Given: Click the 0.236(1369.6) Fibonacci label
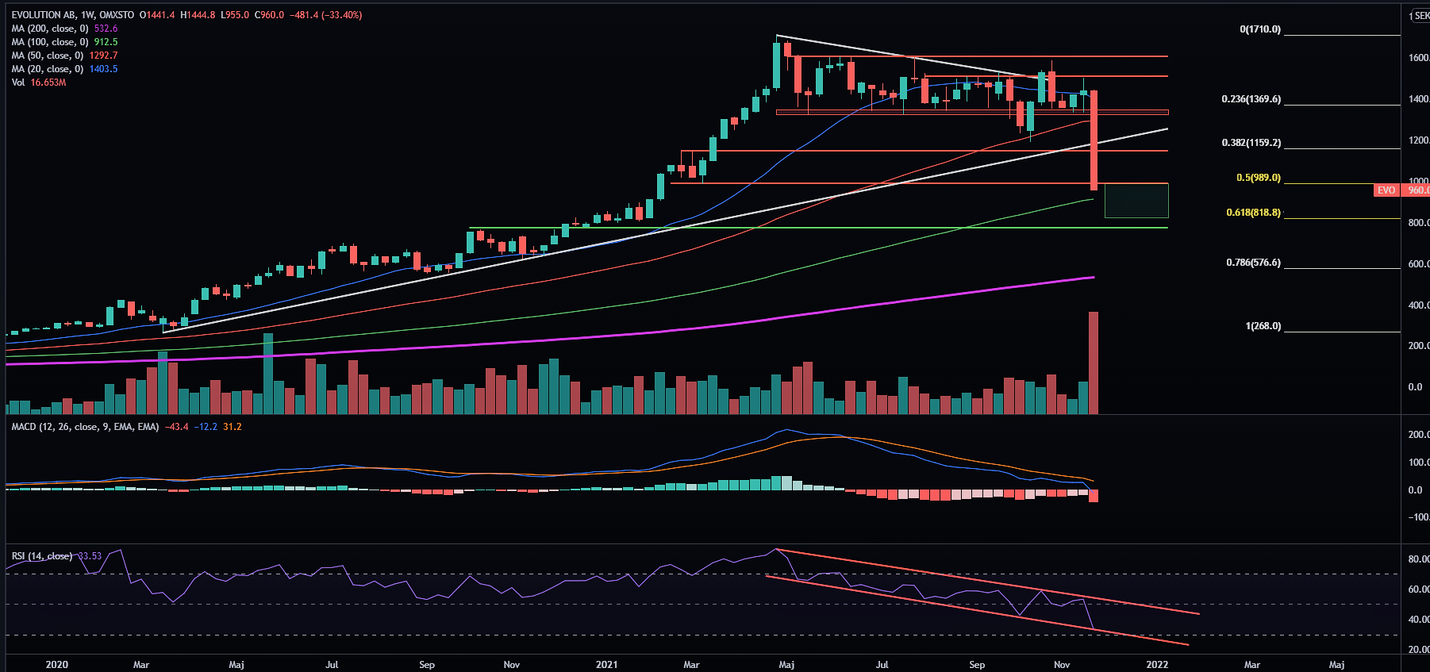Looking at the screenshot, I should [x=1251, y=99].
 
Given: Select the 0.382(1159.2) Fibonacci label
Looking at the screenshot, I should [x=1251, y=143].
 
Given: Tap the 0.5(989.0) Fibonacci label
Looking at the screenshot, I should [x=1258, y=178].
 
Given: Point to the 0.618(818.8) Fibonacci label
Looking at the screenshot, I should [x=1253, y=213].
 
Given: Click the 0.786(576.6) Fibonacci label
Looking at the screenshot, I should [x=1253, y=263].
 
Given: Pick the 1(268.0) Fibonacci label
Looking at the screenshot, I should [x=1263, y=326].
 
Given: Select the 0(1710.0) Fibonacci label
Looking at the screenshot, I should [x=1260, y=29].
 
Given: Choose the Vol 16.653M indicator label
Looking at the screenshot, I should [x=39, y=83].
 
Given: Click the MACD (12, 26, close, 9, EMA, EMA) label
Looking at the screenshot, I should [x=85, y=427].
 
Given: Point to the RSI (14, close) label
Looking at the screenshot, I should [x=42, y=556].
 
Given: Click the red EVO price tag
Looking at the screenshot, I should [x=1386, y=190].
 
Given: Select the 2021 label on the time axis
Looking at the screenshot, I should [x=606, y=664].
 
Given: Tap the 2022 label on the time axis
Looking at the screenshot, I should [x=1157, y=664].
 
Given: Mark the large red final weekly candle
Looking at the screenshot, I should [x=1094, y=140].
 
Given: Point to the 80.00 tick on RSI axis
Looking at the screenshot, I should [x=1418, y=559].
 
